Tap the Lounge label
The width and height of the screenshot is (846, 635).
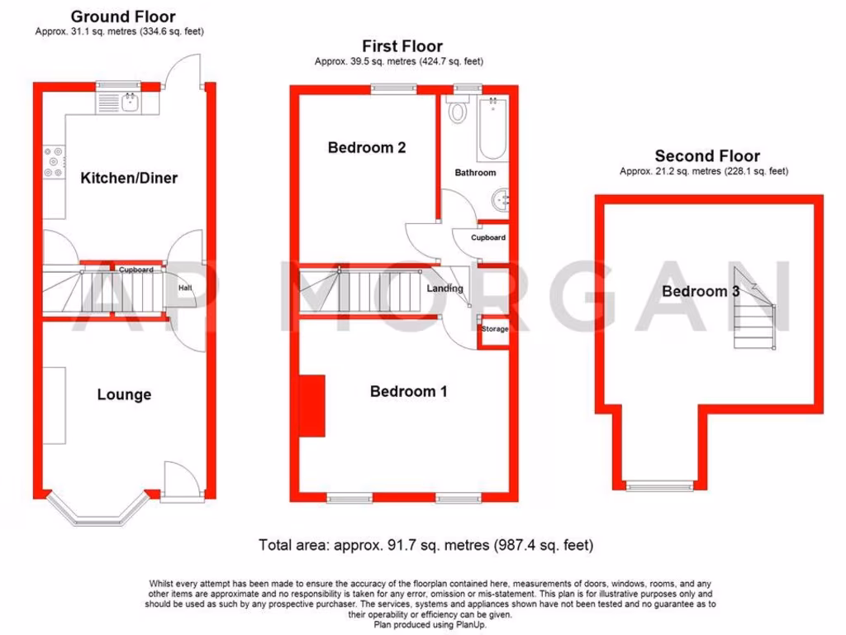click(124, 394)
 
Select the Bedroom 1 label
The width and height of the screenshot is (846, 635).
click(408, 391)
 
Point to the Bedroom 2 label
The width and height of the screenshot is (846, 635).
click(366, 148)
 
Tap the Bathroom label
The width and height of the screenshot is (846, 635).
click(475, 173)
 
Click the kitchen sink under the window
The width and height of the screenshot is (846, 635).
click(130, 103)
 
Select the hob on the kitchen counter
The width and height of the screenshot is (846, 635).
click(53, 161)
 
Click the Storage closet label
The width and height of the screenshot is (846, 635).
click(495, 329)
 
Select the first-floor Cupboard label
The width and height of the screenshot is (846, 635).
click(488, 237)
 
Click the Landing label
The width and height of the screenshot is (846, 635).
click(444, 289)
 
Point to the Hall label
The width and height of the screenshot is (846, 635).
click(185, 288)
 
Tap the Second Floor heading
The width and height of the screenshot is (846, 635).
click(707, 155)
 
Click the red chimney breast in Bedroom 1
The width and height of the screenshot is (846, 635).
click(312, 404)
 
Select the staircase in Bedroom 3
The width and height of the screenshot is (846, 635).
click(755, 313)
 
